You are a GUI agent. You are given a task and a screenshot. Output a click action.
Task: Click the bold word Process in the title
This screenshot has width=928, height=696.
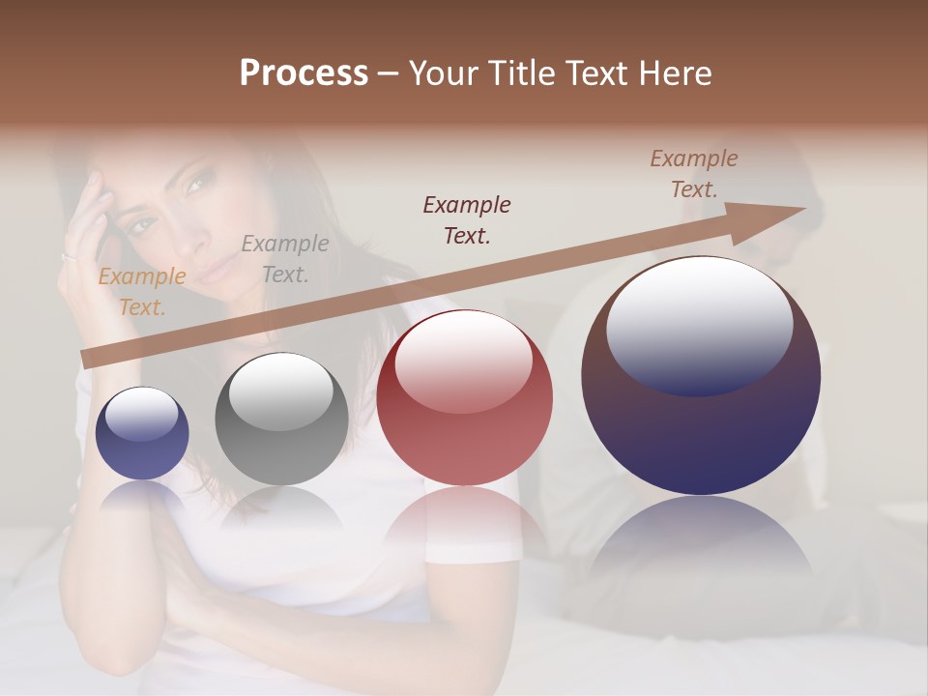[304, 73]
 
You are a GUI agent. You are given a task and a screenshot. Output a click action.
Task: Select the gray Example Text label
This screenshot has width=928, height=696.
[284, 259]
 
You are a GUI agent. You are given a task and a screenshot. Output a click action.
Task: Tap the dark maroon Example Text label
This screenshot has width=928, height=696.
[467, 219]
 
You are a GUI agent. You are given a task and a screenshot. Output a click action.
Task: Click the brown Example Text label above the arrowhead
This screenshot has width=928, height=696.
[693, 174]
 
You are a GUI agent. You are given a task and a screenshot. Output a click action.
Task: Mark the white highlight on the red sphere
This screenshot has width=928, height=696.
[464, 363]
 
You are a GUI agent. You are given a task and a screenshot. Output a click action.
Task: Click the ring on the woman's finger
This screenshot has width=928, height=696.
[69, 257]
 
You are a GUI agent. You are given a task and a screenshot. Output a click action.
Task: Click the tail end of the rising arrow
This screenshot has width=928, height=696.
[87, 359]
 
